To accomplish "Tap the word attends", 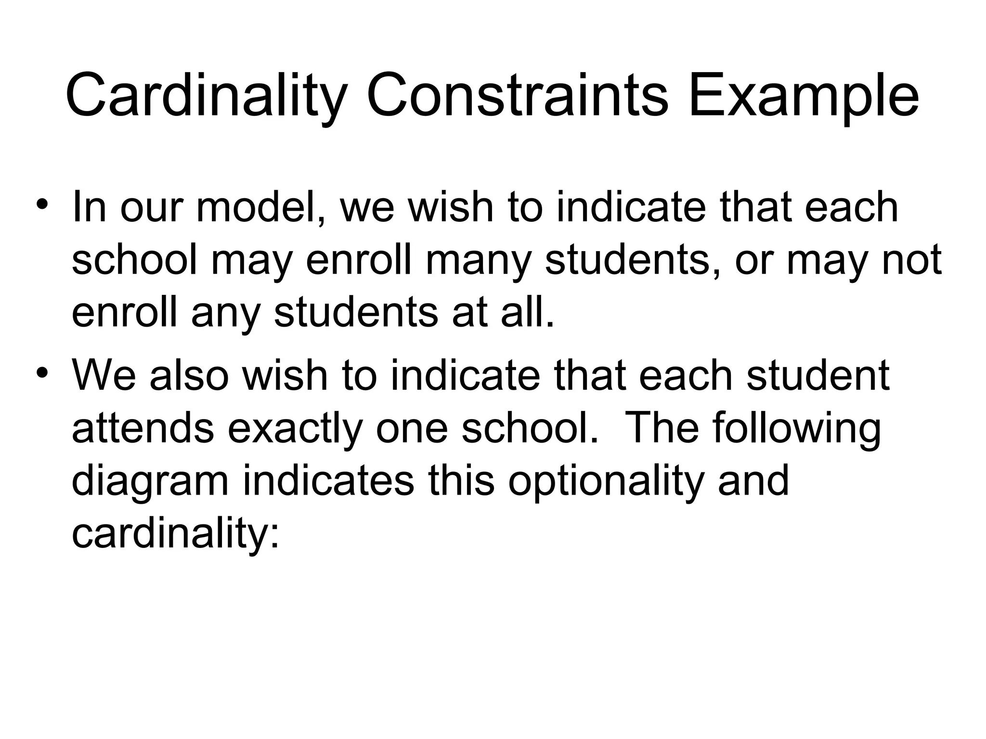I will [x=143, y=429].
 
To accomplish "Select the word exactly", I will [x=294, y=429].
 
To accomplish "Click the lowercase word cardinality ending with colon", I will [x=175, y=534].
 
